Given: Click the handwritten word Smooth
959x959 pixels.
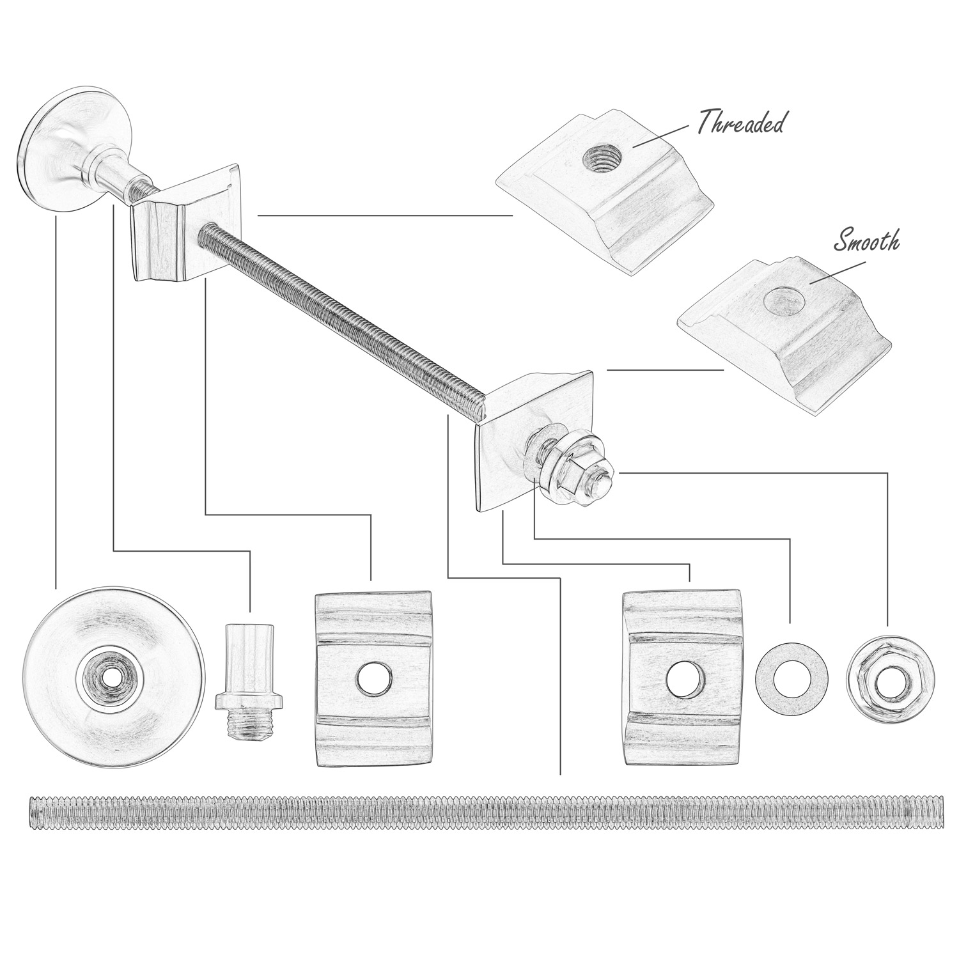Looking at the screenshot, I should coord(867,240).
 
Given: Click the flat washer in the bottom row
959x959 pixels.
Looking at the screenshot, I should coord(790,678).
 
